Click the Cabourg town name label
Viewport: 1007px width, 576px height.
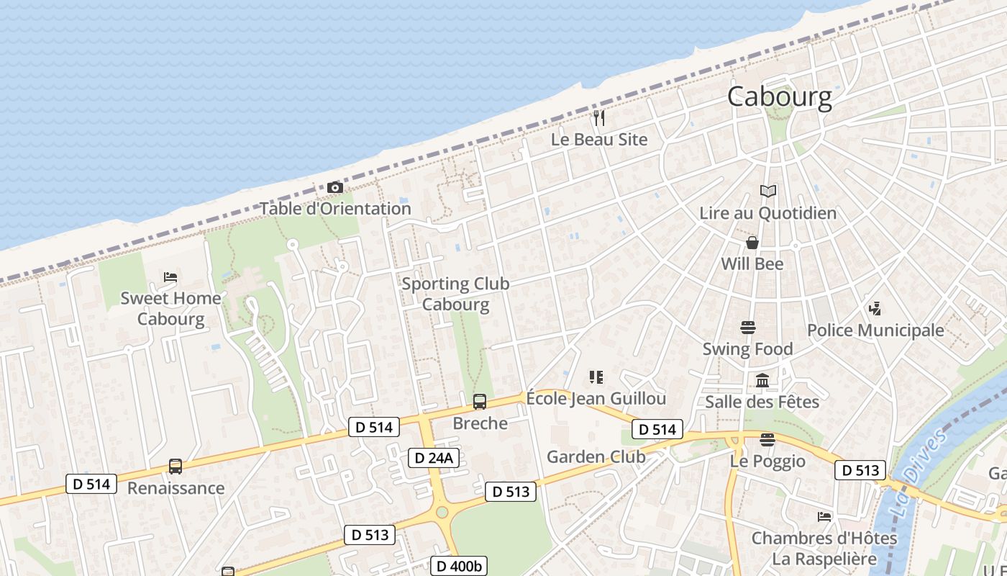tap(779, 96)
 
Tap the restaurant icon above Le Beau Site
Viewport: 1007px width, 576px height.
tap(599, 117)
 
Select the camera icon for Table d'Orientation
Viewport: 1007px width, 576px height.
tap(334, 188)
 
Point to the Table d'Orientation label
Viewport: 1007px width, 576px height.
tap(335, 209)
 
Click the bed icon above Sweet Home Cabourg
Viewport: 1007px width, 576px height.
tap(170, 276)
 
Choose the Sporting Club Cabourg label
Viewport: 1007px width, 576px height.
tap(455, 294)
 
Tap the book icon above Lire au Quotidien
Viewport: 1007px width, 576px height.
tap(768, 192)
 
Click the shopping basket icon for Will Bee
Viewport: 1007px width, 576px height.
tap(752, 243)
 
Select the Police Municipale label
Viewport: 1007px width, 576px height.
tap(875, 330)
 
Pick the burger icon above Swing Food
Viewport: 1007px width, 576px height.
tap(748, 328)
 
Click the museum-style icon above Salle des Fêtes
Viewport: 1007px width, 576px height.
tap(762, 380)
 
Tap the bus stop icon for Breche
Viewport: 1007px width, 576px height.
tap(480, 402)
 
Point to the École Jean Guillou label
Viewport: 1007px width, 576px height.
tap(596, 398)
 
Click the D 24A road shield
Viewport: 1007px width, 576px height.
tap(434, 458)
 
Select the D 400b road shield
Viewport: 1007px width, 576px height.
tap(458, 566)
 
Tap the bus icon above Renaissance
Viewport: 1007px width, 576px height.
tap(176, 467)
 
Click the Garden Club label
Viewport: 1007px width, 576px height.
tap(596, 456)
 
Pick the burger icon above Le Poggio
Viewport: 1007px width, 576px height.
tap(767, 439)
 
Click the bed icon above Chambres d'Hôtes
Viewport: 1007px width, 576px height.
tap(824, 517)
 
